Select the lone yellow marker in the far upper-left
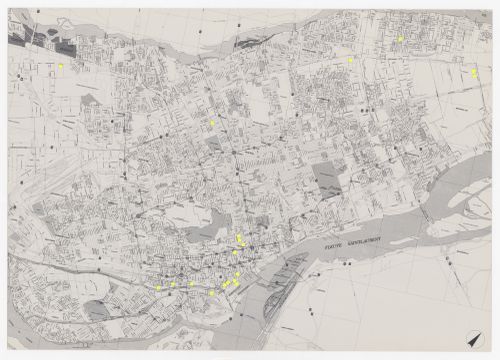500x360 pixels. [61, 66]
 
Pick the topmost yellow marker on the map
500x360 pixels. [400, 38]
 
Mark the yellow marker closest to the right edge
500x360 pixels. [474, 72]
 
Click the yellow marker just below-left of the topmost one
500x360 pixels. [351, 60]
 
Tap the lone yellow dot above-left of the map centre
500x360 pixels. [212, 122]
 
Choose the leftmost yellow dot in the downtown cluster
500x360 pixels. [157, 288]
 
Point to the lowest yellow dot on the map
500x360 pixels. [212, 293]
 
